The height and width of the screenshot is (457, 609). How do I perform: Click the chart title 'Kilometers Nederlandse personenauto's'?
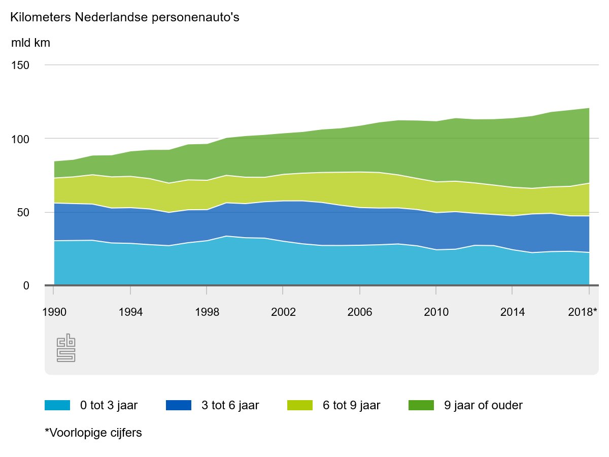(x=124, y=17)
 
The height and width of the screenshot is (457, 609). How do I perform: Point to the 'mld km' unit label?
(x=30, y=43)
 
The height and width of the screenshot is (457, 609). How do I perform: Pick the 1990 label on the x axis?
(x=54, y=312)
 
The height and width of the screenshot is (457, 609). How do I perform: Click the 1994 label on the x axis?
(x=130, y=312)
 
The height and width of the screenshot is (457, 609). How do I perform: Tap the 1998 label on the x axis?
(x=207, y=312)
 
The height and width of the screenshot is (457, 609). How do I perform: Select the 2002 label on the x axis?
(x=283, y=312)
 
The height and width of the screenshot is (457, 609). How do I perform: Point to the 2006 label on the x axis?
(x=360, y=312)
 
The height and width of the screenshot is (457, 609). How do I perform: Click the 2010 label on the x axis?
(x=436, y=312)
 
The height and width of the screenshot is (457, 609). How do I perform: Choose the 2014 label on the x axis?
(x=513, y=312)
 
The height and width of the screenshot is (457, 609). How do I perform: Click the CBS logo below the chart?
(x=66, y=349)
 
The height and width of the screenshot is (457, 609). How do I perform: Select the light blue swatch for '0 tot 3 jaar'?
(x=57, y=405)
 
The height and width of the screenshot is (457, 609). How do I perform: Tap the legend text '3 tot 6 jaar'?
(x=230, y=405)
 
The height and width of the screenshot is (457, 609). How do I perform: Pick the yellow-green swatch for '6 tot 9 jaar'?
(x=300, y=405)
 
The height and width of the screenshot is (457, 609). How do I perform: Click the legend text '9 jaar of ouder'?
(x=483, y=405)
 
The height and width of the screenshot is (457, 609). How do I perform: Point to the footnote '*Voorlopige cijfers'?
(x=93, y=433)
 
